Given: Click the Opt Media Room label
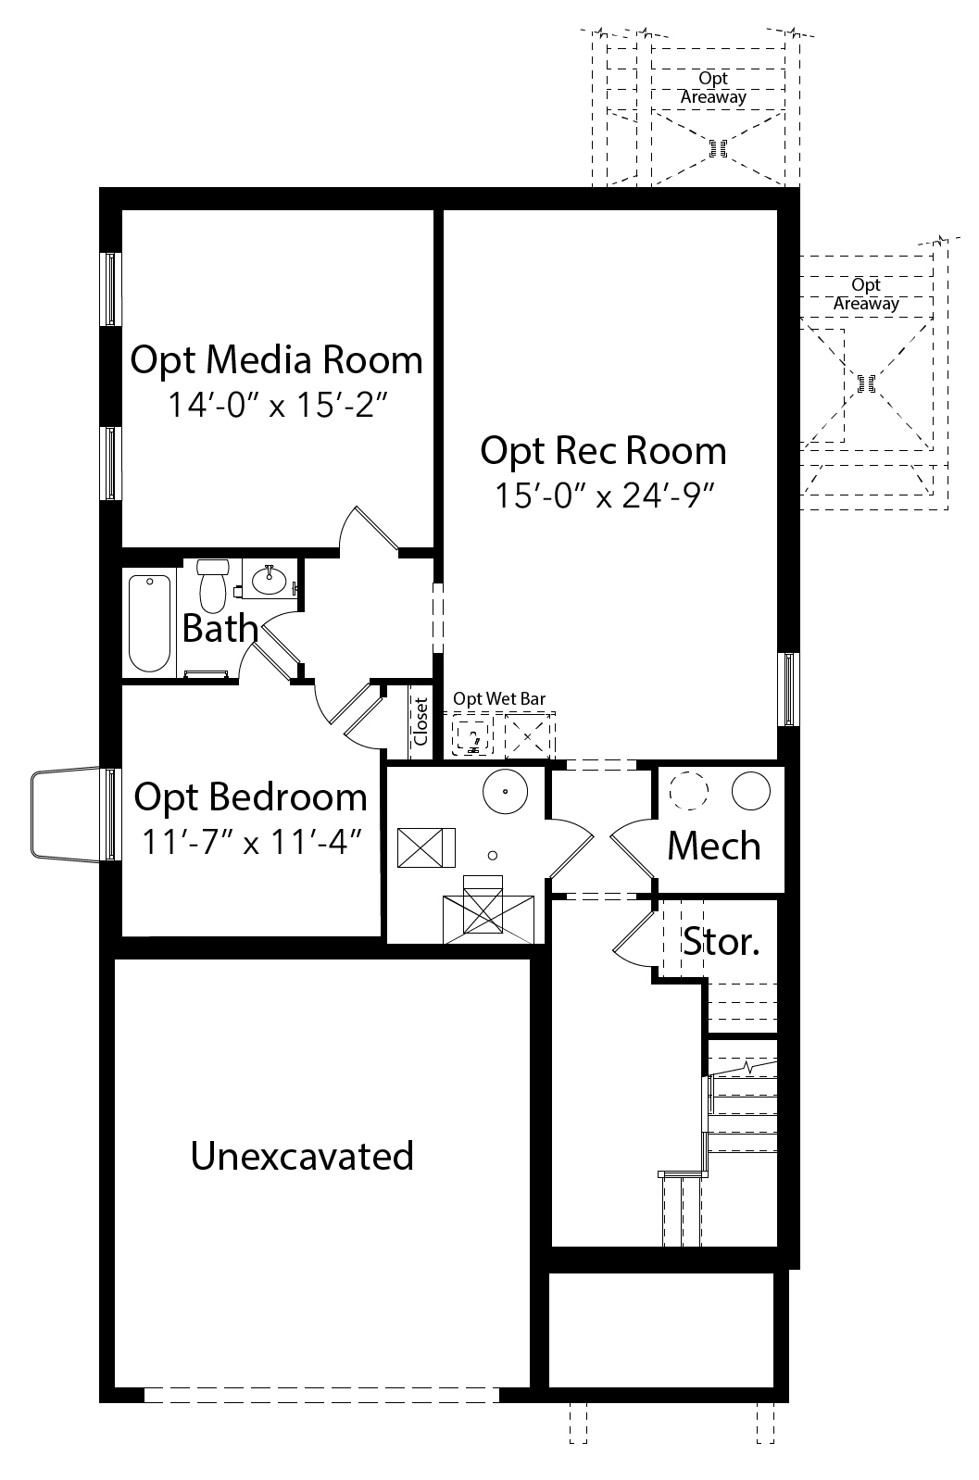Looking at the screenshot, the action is [276, 361].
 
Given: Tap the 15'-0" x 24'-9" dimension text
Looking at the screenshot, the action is [605, 495].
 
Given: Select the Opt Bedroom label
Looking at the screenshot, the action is [250, 797].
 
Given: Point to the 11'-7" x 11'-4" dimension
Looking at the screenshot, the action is [252, 842].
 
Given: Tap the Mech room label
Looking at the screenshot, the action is [713, 847].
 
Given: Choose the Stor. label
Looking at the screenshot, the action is [721, 941].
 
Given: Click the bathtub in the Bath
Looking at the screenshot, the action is [149, 623].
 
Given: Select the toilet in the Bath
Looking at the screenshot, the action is [213, 585].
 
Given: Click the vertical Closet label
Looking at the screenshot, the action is [420, 721].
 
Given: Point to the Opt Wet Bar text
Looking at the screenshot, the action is [498, 698].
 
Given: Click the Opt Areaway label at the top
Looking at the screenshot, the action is [713, 88].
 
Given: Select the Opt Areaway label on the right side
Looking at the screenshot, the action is [866, 295].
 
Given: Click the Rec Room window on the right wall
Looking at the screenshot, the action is [789, 689].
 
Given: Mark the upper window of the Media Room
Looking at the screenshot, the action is [110, 289].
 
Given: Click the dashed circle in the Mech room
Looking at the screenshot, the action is [689, 791].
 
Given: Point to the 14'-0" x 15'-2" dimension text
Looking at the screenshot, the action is [277, 405].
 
